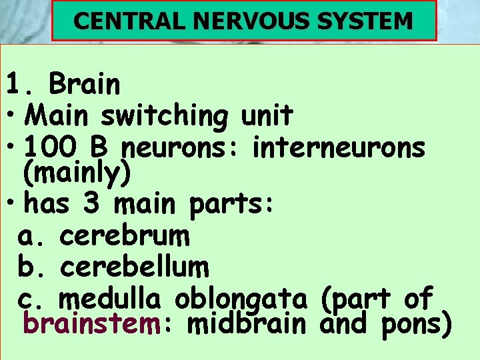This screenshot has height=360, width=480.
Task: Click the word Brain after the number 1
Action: point(84,85)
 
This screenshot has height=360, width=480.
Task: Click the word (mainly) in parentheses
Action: point(77,173)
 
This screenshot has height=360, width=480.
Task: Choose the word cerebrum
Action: point(125,235)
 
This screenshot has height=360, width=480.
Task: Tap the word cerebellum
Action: point(134,267)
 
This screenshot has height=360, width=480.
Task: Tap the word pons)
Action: point(417,325)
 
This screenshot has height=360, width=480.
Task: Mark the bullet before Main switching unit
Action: point(13,117)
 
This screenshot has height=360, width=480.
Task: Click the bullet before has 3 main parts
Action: point(13,203)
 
